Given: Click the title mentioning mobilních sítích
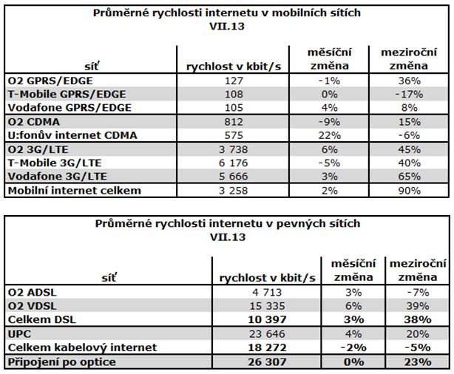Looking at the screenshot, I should [x=227, y=13].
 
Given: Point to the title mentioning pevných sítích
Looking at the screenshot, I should [x=227, y=225].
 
